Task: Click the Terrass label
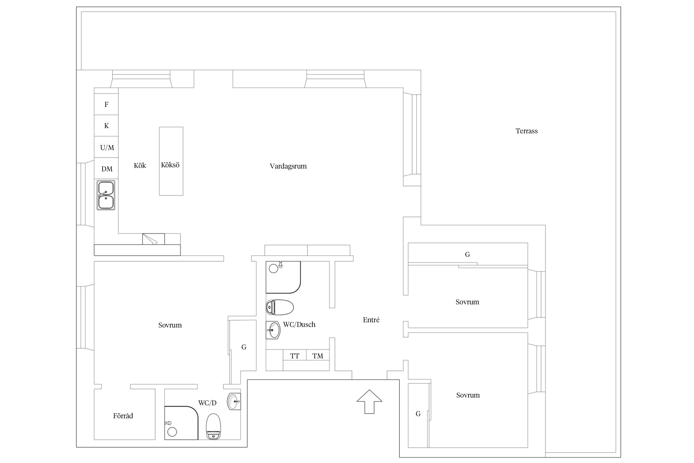coord(527,131)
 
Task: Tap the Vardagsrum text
coord(288,166)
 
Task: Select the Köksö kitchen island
coord(171,161)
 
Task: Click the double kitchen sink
coord(106,195)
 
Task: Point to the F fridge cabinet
coord(106,104)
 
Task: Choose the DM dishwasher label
coord(107,169)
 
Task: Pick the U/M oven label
coord(107,148)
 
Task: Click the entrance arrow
coord(370,401)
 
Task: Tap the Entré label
coord(371,320)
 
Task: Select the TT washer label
coord(295,356)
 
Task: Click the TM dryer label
coord(318,356)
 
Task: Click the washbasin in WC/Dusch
coord(273,330)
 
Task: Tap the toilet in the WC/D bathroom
coord(214,426)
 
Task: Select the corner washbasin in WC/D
coord(234,401)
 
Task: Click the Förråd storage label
coord(123,416)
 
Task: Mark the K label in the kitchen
coord(106,126)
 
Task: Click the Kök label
coord(140,165)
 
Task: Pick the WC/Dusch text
coord(299,324)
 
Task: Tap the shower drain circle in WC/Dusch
coord(274,269)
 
